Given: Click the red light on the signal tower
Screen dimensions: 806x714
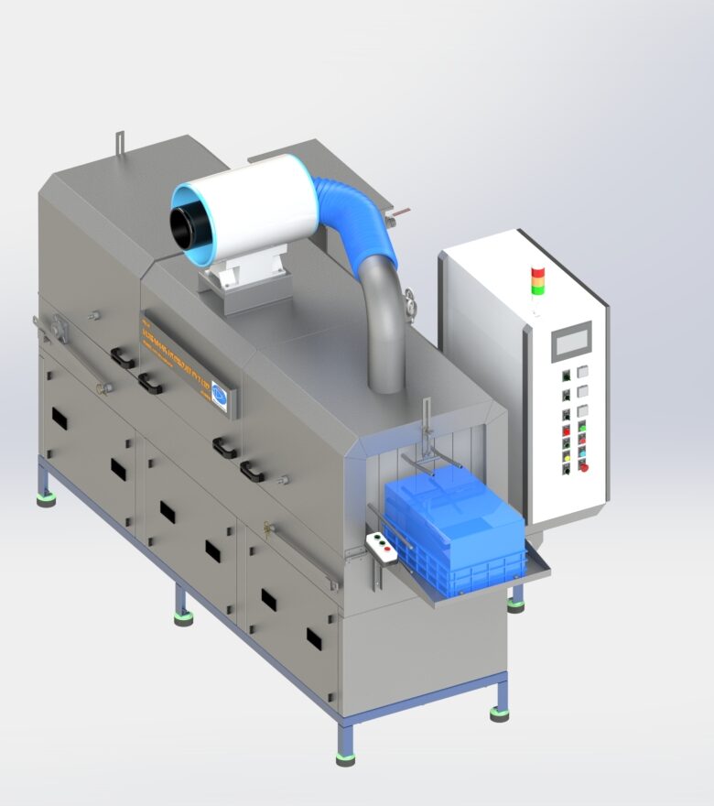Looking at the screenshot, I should pos(538,272).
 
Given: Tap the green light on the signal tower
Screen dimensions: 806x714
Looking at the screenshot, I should pos(538,289).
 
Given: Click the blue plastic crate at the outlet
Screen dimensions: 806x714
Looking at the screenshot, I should pos(454,526).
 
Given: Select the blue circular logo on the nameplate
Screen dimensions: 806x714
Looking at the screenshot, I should pos(220,392).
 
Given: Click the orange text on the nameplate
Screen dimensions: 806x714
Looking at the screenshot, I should pos(178,356).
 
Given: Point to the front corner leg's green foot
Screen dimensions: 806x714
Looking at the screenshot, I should pos(345,758).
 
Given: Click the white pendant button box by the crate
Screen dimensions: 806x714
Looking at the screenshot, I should pos(382,547).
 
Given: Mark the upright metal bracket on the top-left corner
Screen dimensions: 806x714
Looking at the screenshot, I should pos(119,145).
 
